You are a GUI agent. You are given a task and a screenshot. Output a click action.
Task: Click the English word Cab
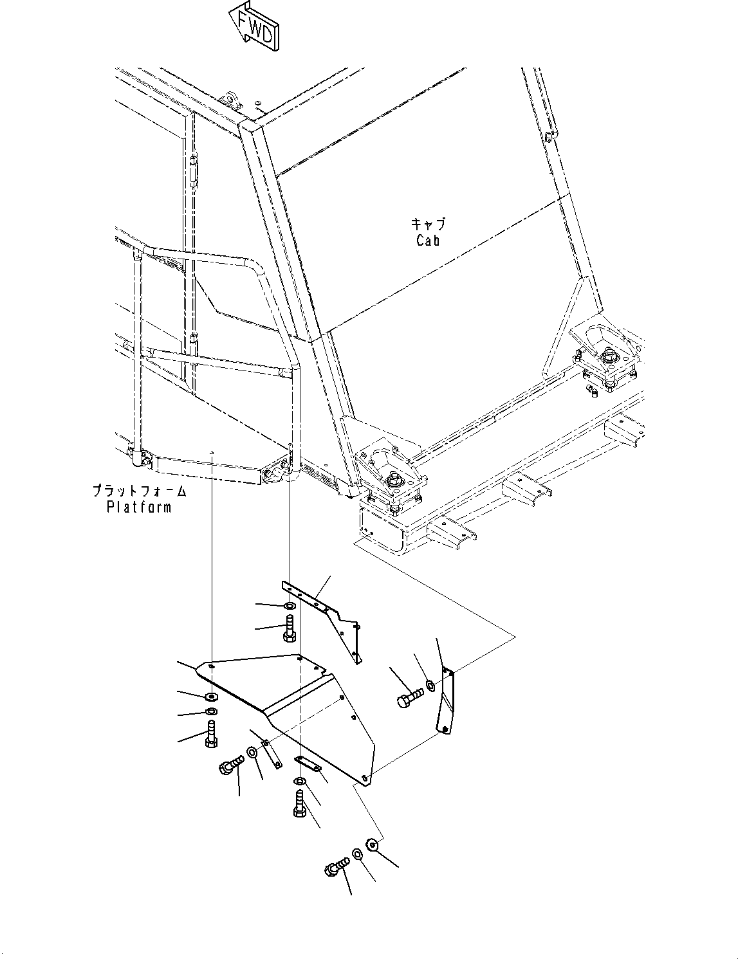coord(428,241)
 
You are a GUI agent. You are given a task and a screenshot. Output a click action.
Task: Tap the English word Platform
coord(139,507)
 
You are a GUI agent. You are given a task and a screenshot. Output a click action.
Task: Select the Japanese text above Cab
coord(428,224)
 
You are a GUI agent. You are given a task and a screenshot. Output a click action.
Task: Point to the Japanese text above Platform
coord(139,491)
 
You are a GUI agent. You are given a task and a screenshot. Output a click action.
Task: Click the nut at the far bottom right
coord(371,843)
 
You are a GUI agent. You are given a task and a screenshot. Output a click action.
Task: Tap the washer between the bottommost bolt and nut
coord(356,855)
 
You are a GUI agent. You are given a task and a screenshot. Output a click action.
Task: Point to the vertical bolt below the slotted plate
coord(300,804)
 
